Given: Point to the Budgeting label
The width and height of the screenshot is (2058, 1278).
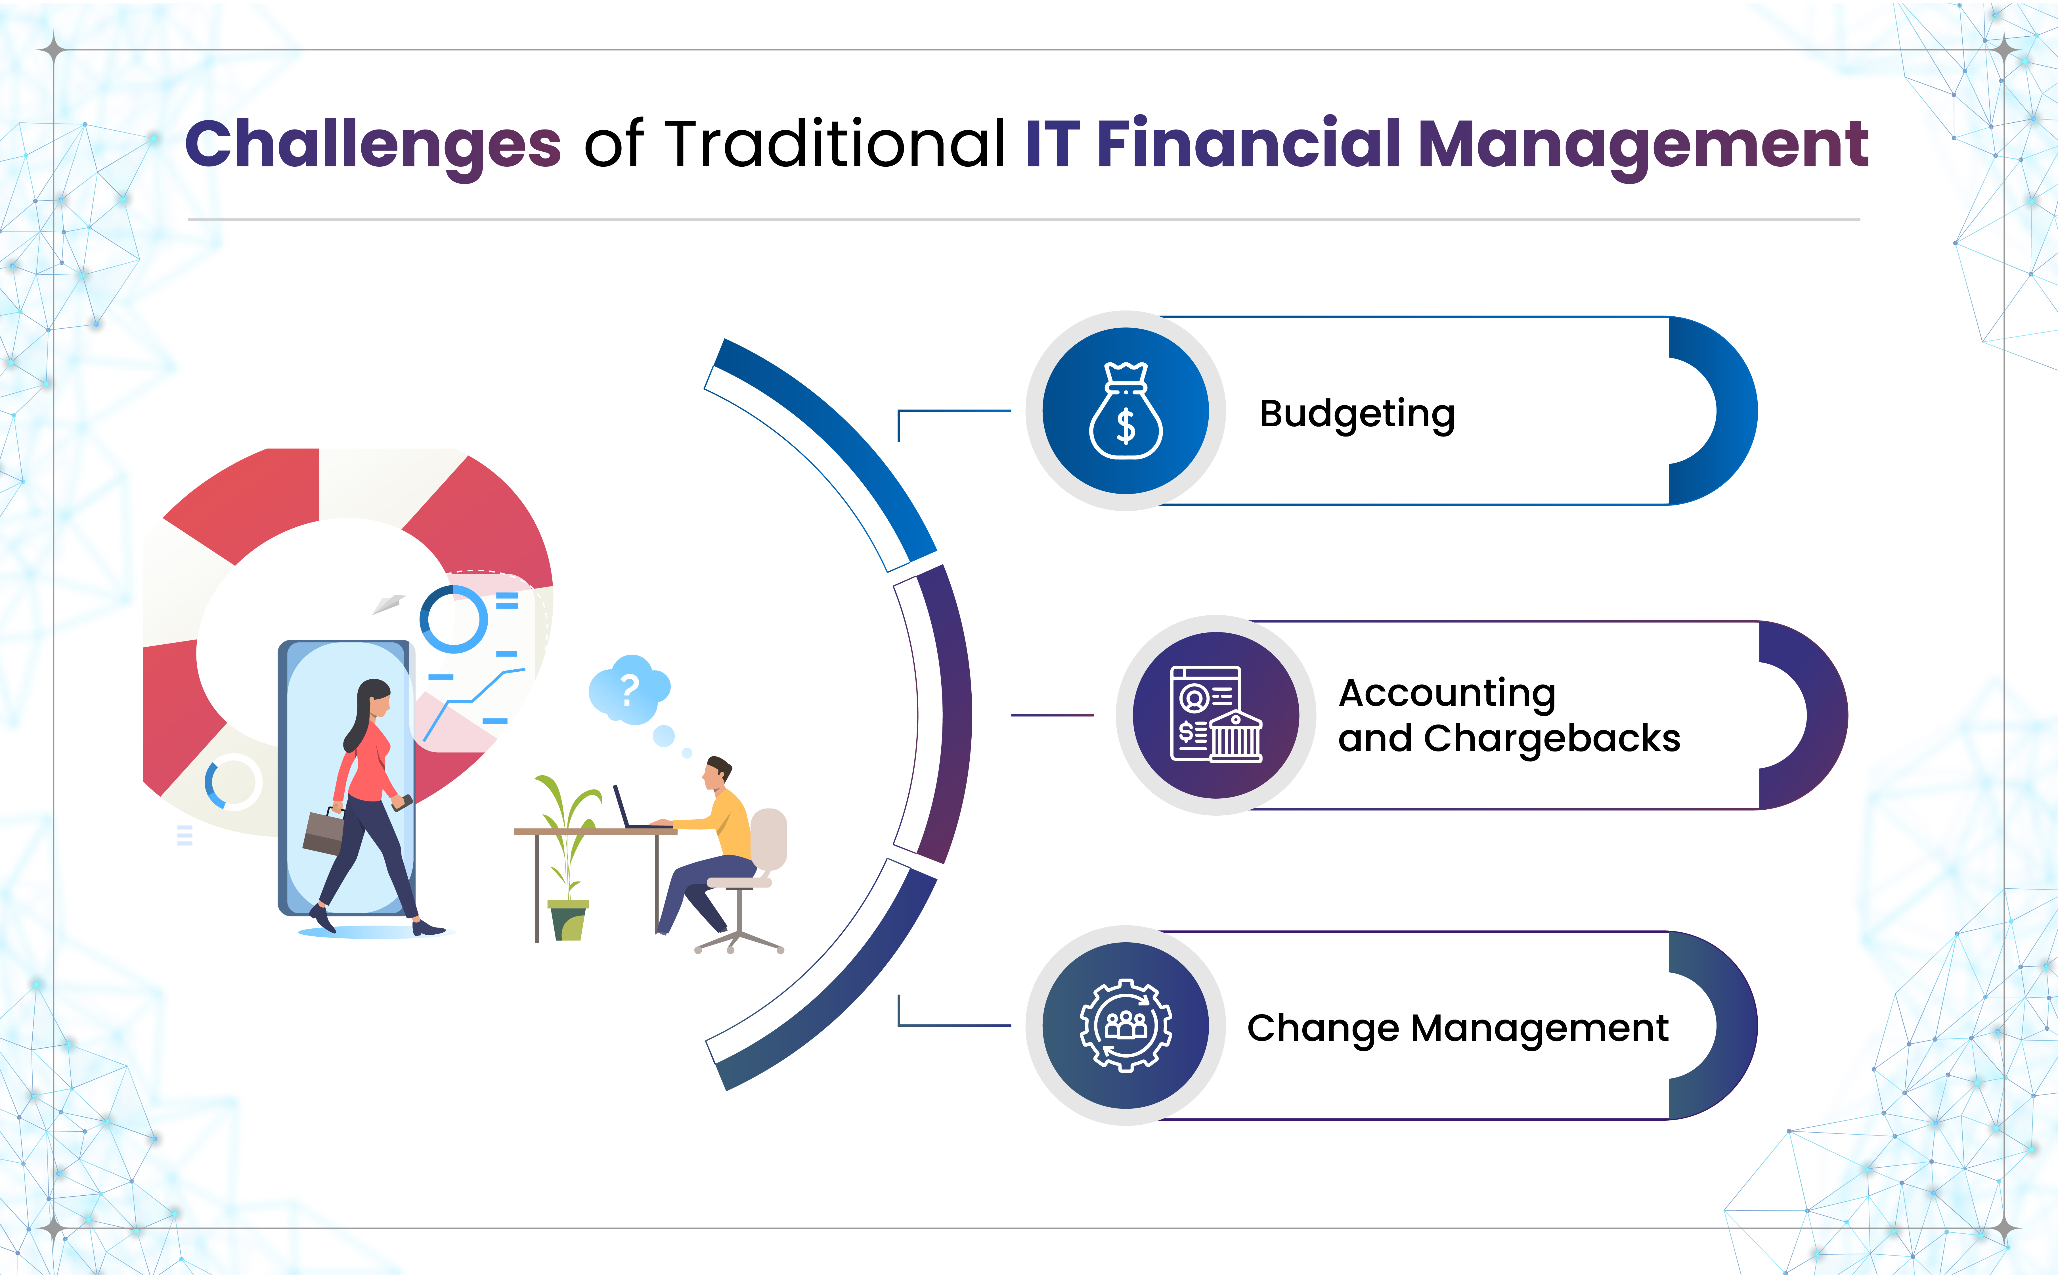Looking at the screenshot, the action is [x=1357, y=414].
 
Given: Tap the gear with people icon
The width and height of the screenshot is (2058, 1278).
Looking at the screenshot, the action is [x=1126, y=1025].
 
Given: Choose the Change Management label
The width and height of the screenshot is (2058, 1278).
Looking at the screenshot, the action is [x=1457, y=1029].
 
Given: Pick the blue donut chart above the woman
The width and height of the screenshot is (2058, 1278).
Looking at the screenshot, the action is [x=454, y=619].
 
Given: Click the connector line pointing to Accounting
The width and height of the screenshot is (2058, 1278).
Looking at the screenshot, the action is [x=1052, y=715].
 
